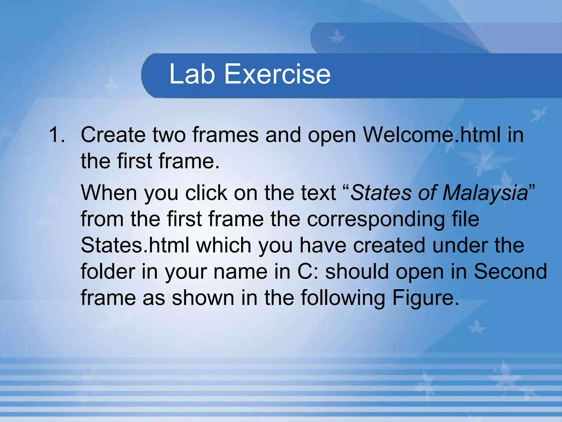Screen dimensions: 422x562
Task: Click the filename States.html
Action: click(135, 245)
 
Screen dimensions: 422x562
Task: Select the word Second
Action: click(510, 271)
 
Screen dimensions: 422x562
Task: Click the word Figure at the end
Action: click(425, 298)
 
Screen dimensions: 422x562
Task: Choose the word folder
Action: click(108, 271)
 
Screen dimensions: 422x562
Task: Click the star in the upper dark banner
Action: click(337, 38)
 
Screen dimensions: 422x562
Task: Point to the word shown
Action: click(203, 298)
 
